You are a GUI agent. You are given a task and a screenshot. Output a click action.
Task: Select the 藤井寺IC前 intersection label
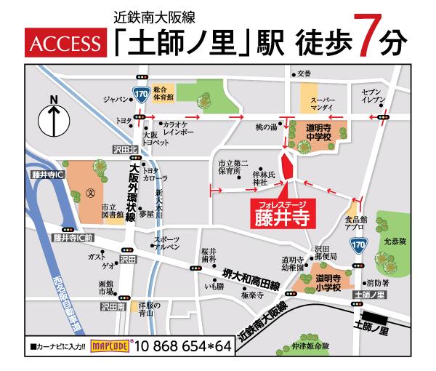74,237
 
